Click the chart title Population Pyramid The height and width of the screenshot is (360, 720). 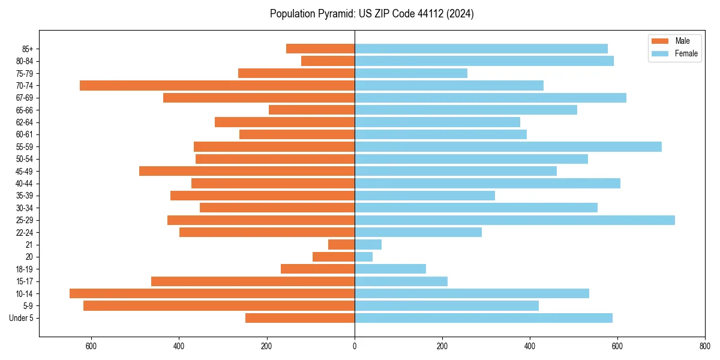[371, 14]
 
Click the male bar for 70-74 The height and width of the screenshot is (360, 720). [217, 85]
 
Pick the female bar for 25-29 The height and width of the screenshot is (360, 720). [515, 220]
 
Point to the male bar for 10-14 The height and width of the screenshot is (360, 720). [212, 293]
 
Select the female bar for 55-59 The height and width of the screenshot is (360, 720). [508, 146]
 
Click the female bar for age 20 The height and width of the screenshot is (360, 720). [364, 257]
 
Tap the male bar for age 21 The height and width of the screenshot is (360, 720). [341, 244]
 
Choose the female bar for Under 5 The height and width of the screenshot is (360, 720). [484, 318]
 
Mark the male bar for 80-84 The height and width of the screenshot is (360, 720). [328, 61]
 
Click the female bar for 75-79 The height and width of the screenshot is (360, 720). [411, 73]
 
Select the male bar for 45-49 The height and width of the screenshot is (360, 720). [247, 171]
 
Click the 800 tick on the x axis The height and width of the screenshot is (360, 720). [705, 346]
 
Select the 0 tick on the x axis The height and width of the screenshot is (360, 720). [355, 346]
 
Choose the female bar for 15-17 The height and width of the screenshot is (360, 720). [401, 281]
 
